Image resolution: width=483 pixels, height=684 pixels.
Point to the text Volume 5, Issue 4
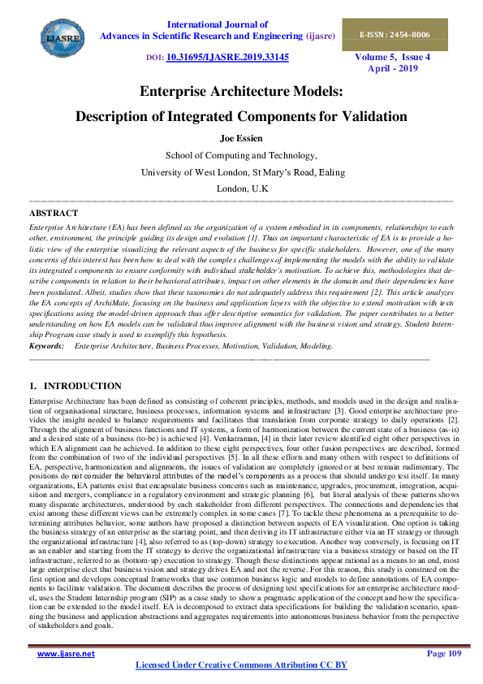[x=404, y=58]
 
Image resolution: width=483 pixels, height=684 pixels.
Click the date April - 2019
[x=404, y=70]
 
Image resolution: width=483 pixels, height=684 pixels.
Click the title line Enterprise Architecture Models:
[x=241, y=92]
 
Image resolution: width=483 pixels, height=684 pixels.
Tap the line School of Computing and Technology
[x=241, y=155]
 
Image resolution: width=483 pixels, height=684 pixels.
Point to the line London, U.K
[x=241, y=188]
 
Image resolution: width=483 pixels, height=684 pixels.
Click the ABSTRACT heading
[x=54, y=213]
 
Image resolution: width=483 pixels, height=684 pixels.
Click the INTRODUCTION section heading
[x=82, y=387]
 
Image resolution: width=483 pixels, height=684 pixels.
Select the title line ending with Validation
[x=241, y=116]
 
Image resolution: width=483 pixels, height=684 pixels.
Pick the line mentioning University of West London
[x=241, y=172]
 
